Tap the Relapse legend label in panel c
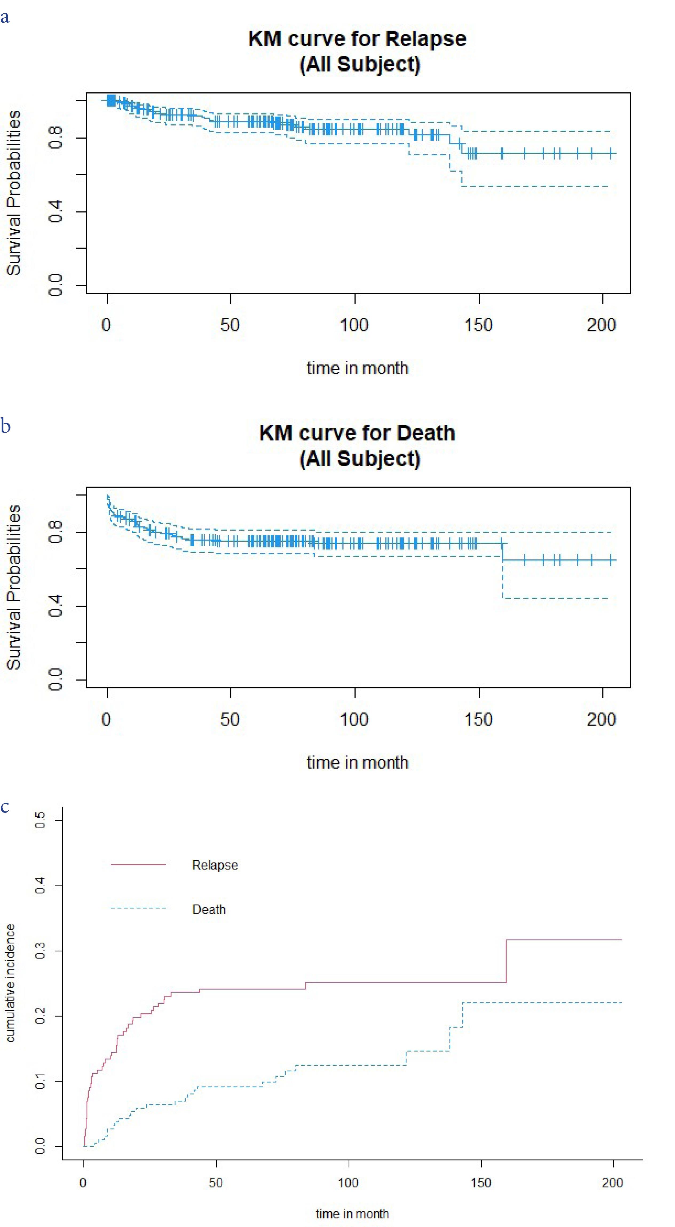(215, 865)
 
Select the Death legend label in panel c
(208, 909)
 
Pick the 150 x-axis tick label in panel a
(478, 325)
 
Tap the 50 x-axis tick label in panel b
(230, 719)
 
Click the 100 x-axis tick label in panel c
(348, 1183)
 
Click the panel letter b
(5, 425)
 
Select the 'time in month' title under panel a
(357, 368)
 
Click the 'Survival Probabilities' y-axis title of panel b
(13, 587)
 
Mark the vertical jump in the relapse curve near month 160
(506, 961)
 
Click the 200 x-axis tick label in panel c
(612, 1183)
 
